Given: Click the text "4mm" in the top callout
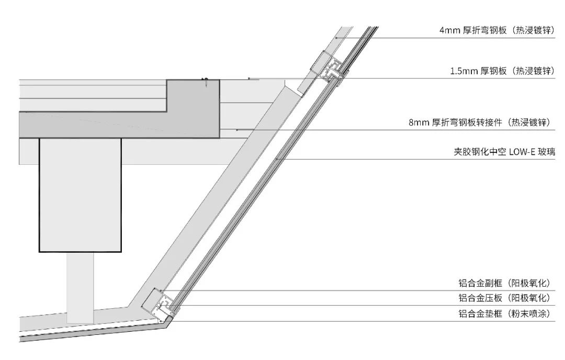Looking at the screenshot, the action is pos(449,30).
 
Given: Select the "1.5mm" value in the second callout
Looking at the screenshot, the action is pos(464,71).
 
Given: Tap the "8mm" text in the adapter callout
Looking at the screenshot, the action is pos(418,122).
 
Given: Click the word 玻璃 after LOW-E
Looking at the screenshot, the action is pos(546,152).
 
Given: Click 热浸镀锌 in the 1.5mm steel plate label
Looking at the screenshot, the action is pos(533,71).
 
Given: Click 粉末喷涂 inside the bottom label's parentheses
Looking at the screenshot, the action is pos(529,314).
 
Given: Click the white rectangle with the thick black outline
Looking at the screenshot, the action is pos(80,195).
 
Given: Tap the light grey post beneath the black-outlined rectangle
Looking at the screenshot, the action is pos(80,287).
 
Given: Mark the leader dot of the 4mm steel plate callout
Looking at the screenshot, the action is pos(337,38).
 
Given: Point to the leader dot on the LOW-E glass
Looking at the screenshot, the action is pos(277,159).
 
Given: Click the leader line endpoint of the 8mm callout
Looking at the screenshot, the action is pos(237,130).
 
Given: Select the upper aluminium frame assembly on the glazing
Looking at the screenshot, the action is pos(330,69).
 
